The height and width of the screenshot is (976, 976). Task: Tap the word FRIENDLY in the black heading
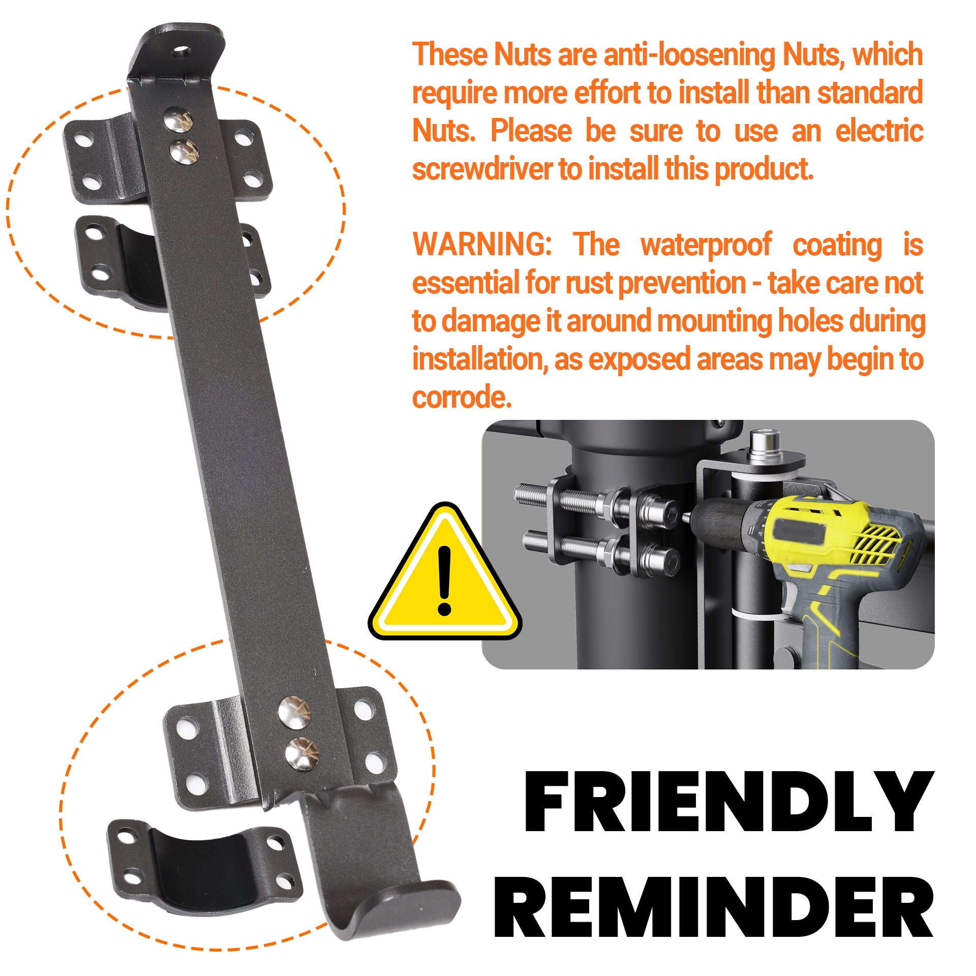729,802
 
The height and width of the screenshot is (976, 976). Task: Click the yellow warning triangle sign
444,571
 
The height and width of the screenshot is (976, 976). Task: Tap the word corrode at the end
462,397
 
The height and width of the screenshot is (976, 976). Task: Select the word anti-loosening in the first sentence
689,55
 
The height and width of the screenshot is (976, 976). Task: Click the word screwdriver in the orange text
482,169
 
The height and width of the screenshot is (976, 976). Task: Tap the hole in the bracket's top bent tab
182,52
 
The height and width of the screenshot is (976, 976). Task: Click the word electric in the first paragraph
879,131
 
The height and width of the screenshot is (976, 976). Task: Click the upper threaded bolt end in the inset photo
531,494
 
